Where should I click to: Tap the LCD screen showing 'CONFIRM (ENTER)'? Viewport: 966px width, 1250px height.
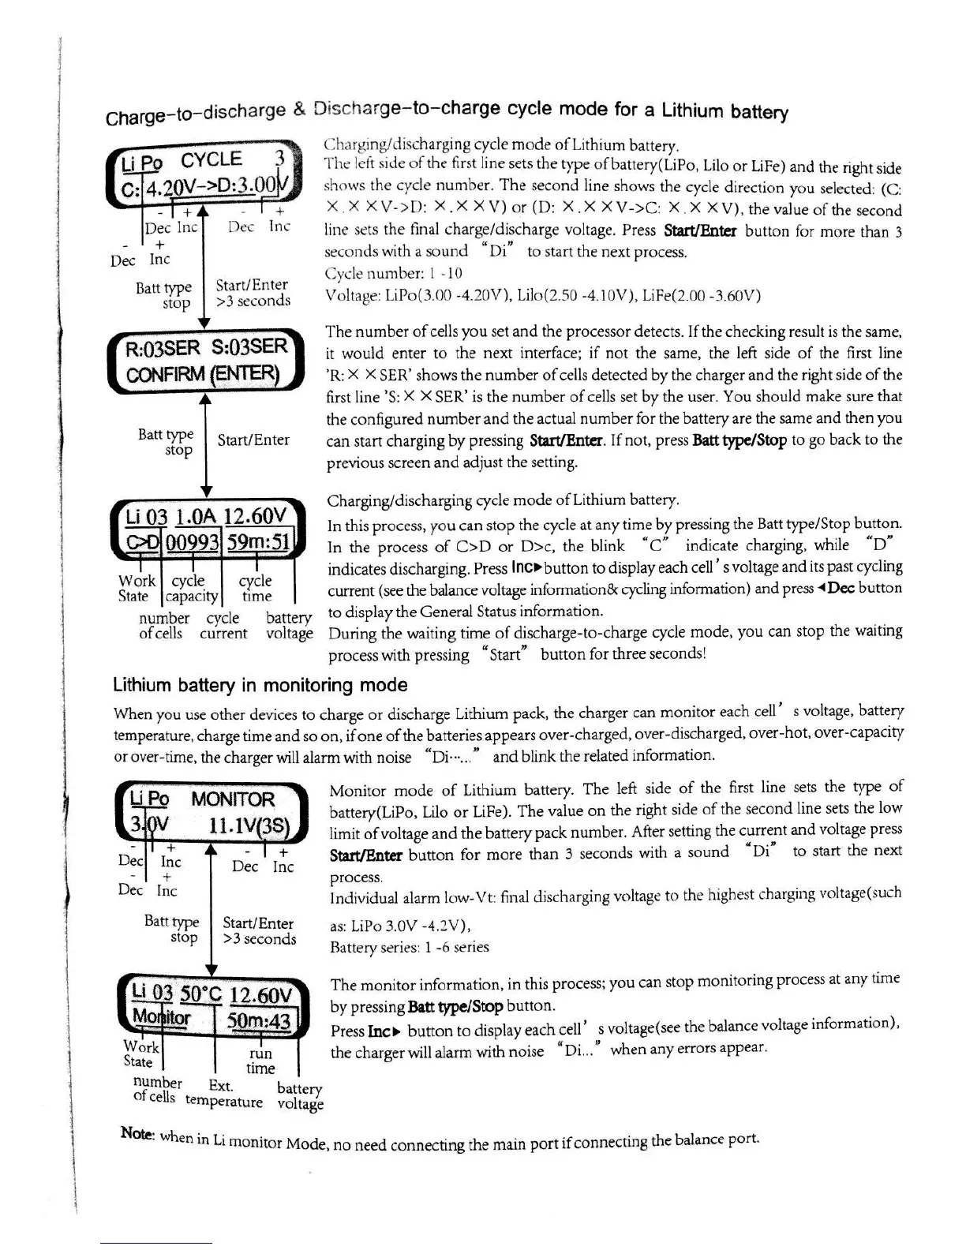tap(207, 361)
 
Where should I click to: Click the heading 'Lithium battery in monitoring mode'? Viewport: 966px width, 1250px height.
tap(260, 685)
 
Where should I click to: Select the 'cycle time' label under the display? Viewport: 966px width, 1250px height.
tap(256, 589)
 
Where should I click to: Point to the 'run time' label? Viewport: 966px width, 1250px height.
tap(260, 1061)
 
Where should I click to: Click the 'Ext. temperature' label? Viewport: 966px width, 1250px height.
tap(224, 1093)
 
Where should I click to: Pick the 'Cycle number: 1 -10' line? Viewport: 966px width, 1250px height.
tap(394, 274)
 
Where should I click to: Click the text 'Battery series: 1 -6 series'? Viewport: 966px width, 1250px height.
tap(409, 947)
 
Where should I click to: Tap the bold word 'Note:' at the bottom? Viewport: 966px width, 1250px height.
tap(137, 1133)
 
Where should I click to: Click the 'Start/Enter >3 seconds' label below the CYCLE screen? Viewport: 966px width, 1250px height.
tap(253, 293)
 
